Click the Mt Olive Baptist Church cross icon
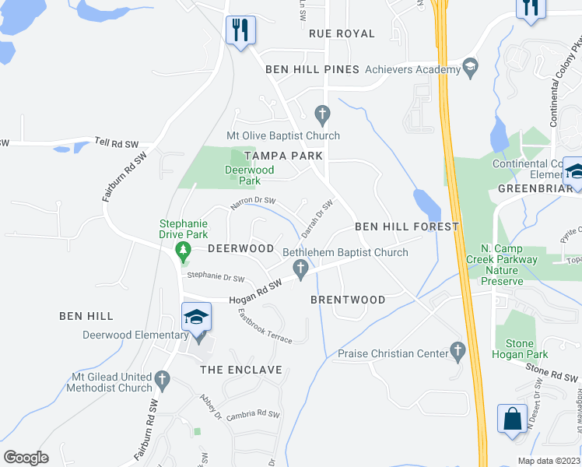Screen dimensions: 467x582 tap(323, 115)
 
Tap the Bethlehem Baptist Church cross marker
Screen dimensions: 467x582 tap(300, 269)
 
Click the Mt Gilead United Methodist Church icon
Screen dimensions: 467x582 tap(162, 381)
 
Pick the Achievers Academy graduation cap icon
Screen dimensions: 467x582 tap(470, 68)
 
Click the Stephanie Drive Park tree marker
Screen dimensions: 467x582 tap(183, 251)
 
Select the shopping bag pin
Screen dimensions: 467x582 tap(514, 418)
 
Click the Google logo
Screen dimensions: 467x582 tap(26, 457)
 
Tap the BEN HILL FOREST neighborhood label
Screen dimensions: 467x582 tap(407, 226)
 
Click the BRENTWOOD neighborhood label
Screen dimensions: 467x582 tap(348, 300)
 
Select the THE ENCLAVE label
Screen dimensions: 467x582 tap(241, 370)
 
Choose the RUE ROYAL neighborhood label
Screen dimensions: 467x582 tap(342, 33)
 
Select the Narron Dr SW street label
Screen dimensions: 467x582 tap(253, 204)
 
